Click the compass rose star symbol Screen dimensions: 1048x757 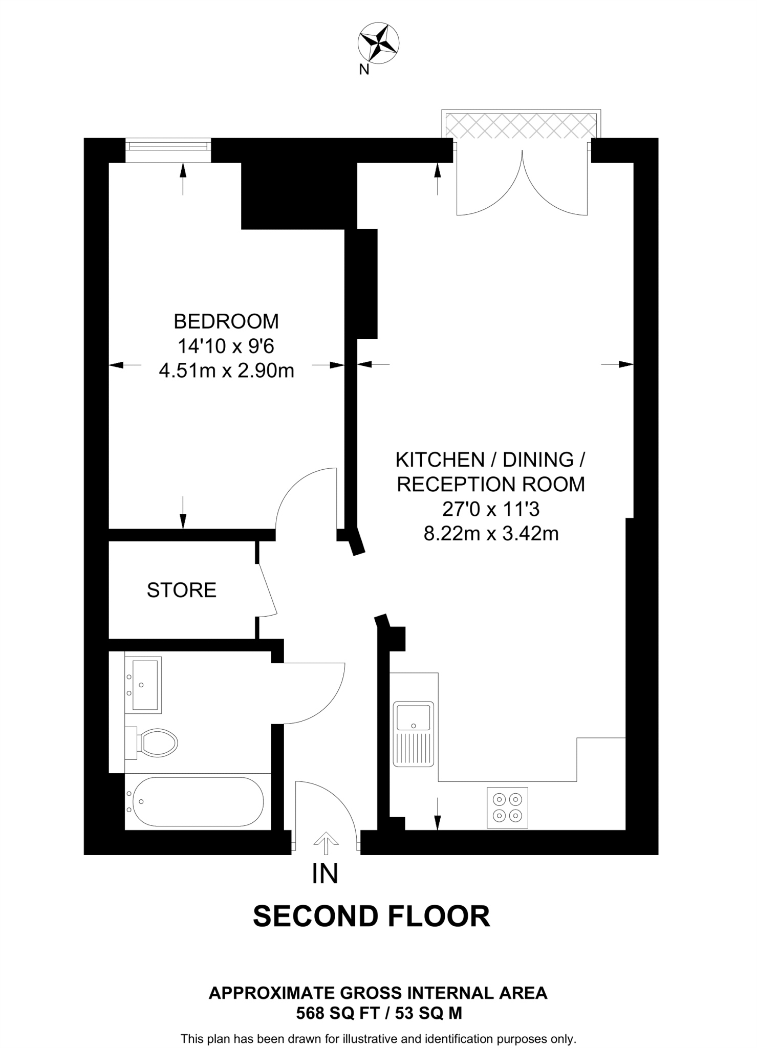(379, 43)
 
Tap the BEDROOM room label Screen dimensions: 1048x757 (226, 321)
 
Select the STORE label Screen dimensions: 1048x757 (182, 590)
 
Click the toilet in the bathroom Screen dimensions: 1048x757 (154, 743)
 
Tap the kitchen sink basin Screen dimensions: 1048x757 (414, 716)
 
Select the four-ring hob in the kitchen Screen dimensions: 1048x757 (507, 807)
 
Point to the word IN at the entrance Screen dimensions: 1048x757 (325, 874)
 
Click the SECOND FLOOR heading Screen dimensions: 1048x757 (372, 916)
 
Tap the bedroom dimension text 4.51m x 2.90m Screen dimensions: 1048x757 (226, 370)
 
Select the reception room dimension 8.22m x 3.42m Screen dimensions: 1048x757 (491, 534)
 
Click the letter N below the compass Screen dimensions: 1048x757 (364, 70)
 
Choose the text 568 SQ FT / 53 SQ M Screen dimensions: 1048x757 (379, 1013)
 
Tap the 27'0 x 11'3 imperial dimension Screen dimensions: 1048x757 (491, 509)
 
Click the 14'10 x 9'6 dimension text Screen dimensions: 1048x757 (226, 346)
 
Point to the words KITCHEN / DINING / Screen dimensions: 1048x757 (491, 460)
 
